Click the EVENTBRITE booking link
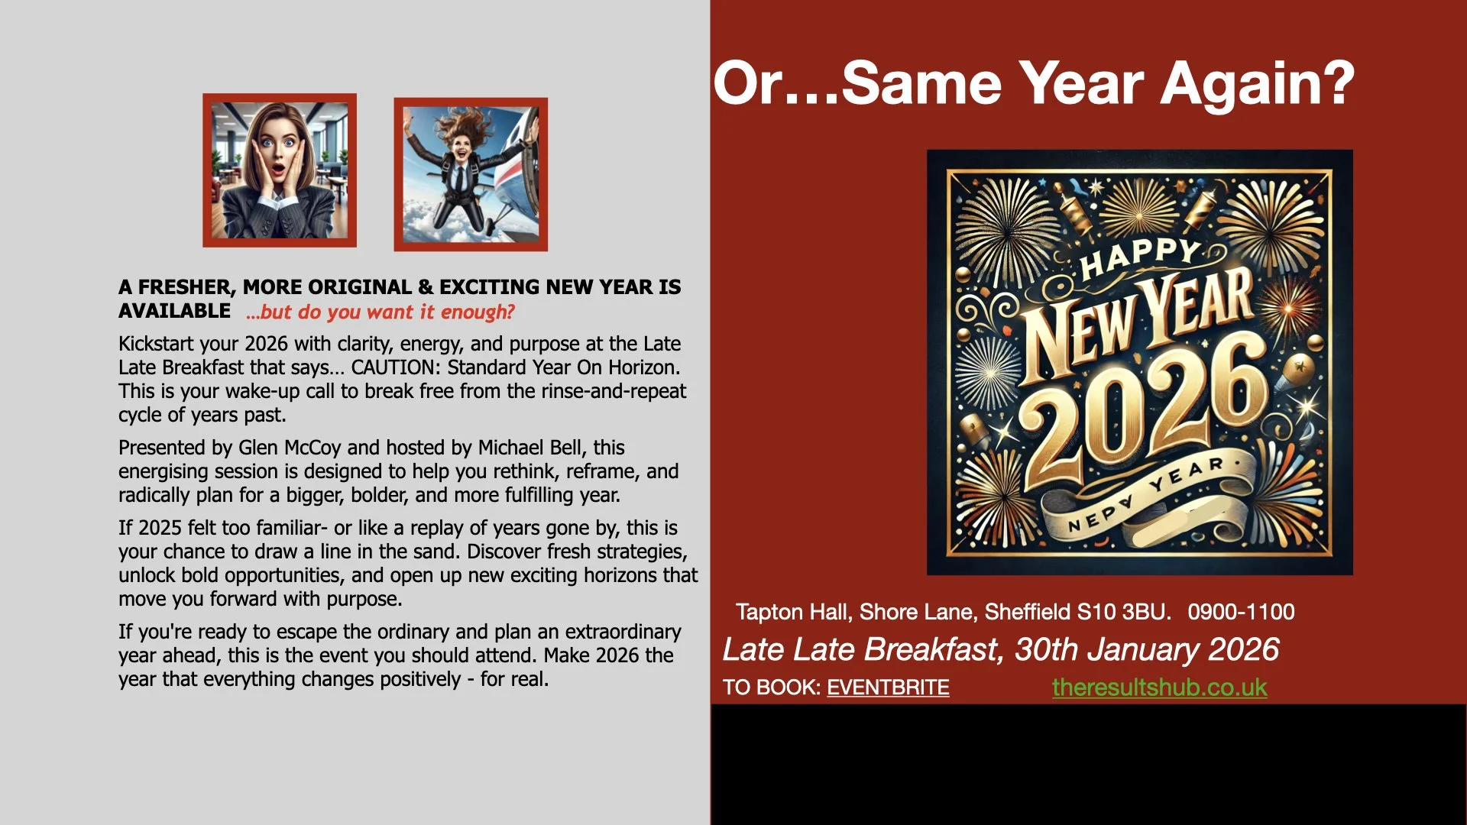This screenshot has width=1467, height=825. click(x=888, y=687)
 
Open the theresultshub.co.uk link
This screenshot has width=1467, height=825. click(x=1159, y=687)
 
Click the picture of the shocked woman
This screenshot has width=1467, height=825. click(x=280, y=170)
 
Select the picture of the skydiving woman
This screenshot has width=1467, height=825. click(x=471, y=174)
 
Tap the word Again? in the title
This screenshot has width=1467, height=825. click(x=1257, y=83)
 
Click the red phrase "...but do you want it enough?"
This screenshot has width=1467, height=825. click(x=380, y=312)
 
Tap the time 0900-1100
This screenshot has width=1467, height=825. click(x=1241, y=612)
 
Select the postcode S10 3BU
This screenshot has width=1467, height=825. click(x=1122, y=612)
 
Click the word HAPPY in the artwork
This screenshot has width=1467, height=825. click(x=1140, y=257)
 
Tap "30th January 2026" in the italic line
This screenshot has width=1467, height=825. click(x=1146, y=649)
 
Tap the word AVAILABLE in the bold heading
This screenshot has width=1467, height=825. click(x=174, y=312)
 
